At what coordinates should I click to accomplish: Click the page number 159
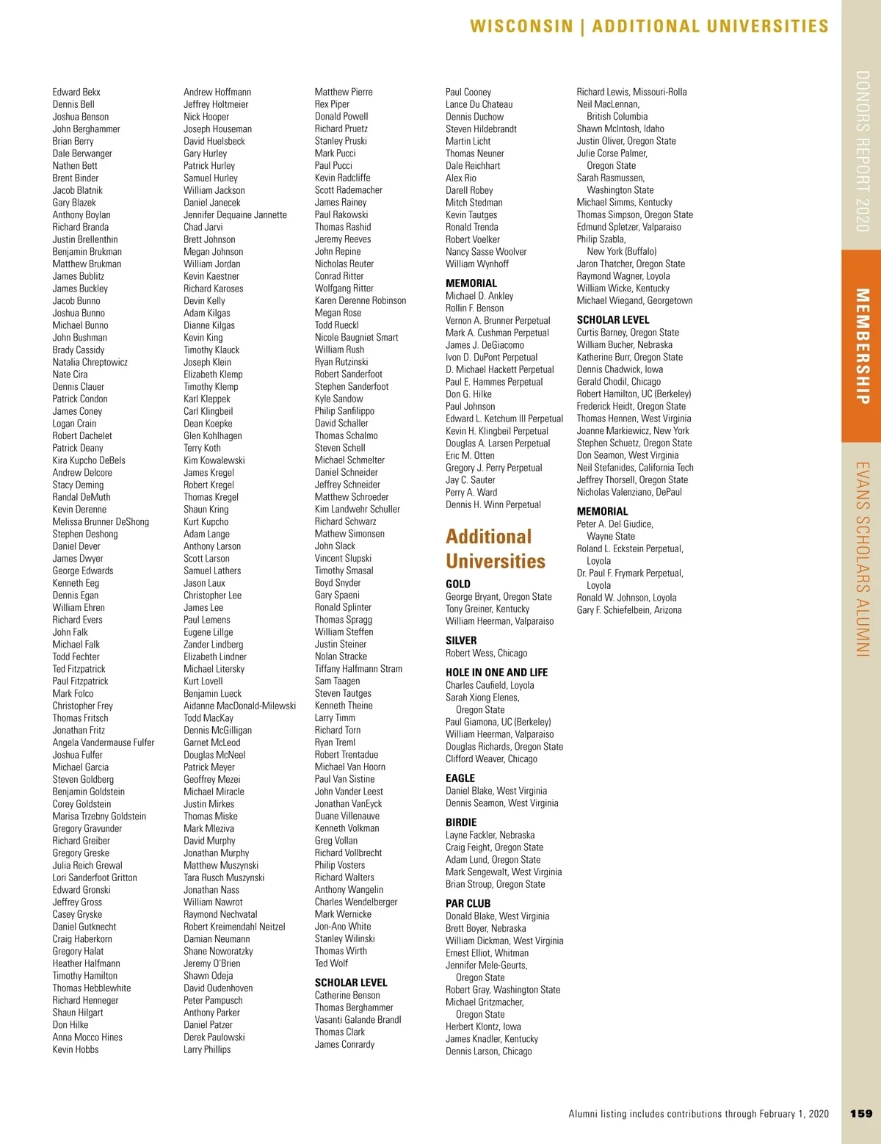tap(860, 1113)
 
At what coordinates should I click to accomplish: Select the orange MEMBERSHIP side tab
tap(861, 346)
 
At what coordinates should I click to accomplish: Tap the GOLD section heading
tap(458, 584)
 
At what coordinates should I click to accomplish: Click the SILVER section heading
tap(461, 640)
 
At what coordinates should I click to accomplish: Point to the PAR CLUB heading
tap(468, 903)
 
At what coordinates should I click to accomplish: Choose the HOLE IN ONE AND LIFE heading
tap(496, 672)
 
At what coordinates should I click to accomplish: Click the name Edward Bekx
tap(76, 92)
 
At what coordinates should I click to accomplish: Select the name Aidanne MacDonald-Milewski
tap(239, 706)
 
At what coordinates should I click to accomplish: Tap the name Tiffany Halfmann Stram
tap(358, 668)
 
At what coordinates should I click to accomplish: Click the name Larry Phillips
tap(207, 1049)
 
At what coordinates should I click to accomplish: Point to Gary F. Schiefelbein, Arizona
tap(628, 610)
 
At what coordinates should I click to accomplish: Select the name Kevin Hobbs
tap(76, 1049)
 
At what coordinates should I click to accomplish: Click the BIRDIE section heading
tap(461, 822)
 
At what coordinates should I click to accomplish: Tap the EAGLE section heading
tap(460, 778)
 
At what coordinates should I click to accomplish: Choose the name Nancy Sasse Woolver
tap(486, 251)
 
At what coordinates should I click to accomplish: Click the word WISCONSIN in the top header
tap(521, 26)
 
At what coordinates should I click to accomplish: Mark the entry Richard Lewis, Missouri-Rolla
tap(631, 92)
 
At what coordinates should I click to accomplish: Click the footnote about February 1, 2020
tap(698, 1114)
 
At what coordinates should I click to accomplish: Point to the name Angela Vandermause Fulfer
tap(104, 742)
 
